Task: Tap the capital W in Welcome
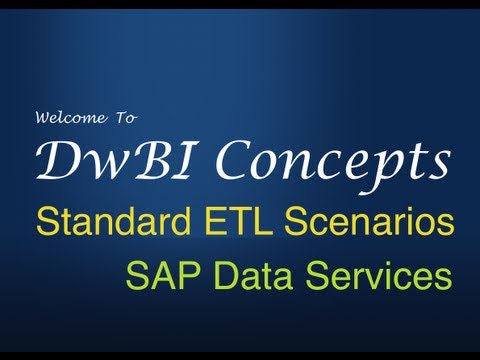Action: click(x=44, y=117)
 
